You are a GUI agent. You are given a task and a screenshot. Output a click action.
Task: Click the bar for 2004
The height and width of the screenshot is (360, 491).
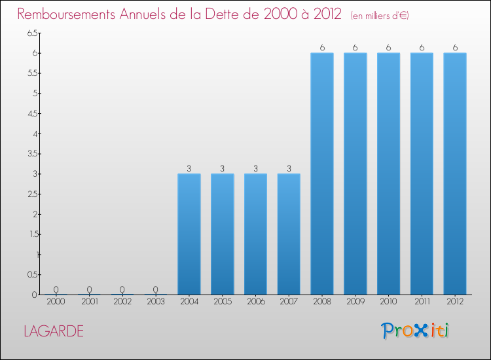189,234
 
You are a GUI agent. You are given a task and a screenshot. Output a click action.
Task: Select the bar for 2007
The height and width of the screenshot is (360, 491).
289,234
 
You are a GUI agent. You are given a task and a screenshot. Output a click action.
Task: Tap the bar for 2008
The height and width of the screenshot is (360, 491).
322,173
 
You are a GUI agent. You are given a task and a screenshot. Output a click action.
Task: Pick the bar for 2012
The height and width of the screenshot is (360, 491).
455,173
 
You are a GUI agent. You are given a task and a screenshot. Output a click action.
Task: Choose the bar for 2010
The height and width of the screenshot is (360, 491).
389,173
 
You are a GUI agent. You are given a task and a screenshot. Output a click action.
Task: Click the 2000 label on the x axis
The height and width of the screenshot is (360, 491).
56,302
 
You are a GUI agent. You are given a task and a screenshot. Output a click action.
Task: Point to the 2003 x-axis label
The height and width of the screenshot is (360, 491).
156,302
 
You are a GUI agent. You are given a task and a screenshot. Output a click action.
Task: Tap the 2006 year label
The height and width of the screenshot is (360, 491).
255,302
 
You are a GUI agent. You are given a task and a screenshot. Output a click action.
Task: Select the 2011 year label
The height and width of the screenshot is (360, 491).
422,302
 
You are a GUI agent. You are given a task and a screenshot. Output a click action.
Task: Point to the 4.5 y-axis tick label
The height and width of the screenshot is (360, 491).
33,113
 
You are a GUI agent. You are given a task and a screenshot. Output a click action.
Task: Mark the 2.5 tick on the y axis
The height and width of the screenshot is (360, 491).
33,194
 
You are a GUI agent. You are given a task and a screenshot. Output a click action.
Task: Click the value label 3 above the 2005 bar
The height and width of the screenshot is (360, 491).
223,168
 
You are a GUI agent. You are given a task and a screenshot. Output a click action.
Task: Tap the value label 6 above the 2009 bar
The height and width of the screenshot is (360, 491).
355,47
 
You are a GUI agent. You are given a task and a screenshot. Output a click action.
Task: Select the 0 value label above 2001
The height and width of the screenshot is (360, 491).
89,289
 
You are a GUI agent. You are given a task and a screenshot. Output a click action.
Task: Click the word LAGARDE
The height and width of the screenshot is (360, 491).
54,331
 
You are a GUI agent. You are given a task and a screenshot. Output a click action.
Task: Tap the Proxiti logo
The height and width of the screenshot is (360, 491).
416,331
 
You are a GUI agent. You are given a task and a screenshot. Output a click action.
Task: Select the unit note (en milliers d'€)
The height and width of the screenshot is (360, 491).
380,15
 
